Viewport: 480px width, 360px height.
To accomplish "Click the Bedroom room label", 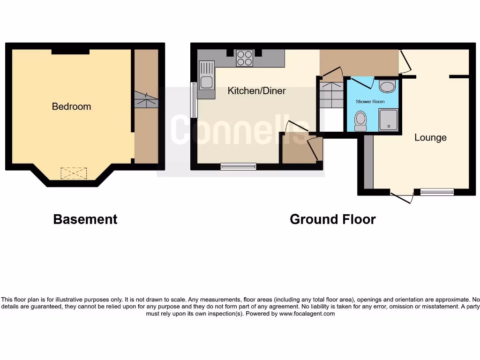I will pyautogui.click(x=71, y=106).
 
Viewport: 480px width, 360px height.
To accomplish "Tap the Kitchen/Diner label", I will pyautogui.click(x=256, y=91).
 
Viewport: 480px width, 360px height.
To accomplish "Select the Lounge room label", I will pyautogui.click(x=430, y=138).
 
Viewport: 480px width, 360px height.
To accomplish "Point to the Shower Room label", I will pyautogui.click(x=370, y=102).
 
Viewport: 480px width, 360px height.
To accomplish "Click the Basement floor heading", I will pyautogui.click(x=85, y=219).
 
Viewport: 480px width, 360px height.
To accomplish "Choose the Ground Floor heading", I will pyautogui.click(x=332, y=219).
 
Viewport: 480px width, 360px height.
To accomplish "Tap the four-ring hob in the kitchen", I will pyautogui.click(x=244, y=58).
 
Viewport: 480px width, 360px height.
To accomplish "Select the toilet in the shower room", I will pyautogui.click(x=360, y=120).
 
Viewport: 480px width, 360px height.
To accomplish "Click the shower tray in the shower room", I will pyautogui.click(x=388, y=119).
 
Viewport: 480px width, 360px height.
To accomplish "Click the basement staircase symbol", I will pyautogui.click(x=146, y=100).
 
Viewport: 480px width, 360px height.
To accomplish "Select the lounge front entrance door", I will pyautogui.click(x=402, y=197).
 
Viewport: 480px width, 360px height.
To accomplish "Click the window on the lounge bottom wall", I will pyautogui.click(x=437, y=191).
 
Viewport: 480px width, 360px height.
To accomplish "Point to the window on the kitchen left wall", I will pyautogui.click(x=194, y=100).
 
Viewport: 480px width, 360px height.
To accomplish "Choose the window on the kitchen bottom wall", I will pyautogui.click(x=238, y=166).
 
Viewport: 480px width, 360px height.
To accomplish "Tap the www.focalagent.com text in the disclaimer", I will pyautogui.click(x=307, y=314).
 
